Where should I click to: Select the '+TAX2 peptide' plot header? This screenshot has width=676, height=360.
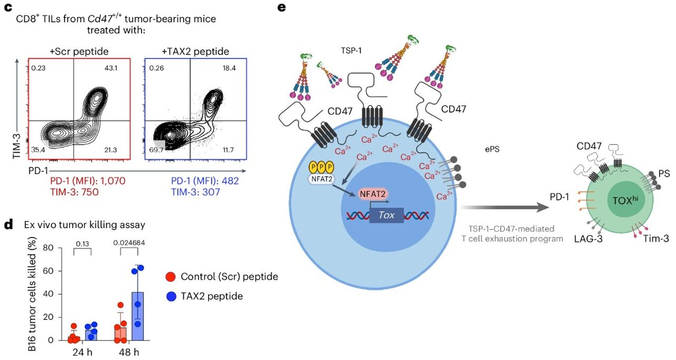(195, 51)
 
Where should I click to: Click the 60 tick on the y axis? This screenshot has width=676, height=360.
(49, 271)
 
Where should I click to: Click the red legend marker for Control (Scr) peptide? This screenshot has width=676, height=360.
(171, 277)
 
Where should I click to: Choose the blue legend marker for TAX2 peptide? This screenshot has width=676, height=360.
(171, 296)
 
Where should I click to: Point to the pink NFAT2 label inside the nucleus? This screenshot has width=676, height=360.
(373, 195)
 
